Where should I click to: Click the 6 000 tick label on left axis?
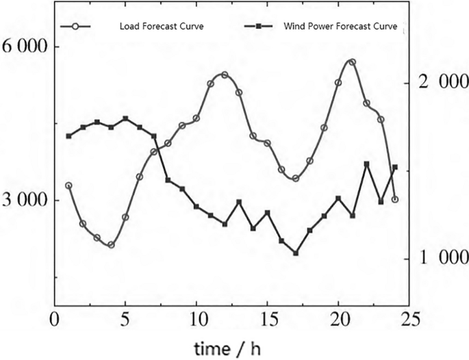click(24, 47)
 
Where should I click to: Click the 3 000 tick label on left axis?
click(24, 201)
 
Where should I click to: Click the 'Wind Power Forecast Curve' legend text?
click(339, 27)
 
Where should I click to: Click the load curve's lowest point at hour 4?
click(111, 244)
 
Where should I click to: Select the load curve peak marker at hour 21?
click(352, 62)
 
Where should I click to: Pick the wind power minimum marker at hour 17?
click(296, 253)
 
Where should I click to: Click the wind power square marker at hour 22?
click(367, 164)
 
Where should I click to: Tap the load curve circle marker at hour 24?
click(395, 199)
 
